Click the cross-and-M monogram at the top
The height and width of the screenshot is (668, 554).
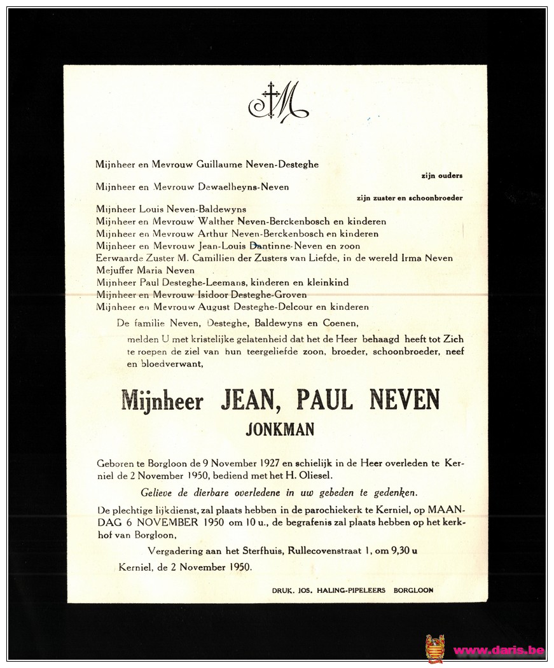tap(278, 101)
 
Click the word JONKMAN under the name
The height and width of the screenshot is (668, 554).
tap(280, 429)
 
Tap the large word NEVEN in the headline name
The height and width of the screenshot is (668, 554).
tap(405, 400)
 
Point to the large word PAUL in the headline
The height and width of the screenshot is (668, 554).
tap(324, 400)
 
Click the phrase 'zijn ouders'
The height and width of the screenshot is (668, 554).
tap(441, 176)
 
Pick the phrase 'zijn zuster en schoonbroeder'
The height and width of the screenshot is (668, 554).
tap(410, 198)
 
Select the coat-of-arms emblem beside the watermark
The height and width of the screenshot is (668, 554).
tap(435, 649)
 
